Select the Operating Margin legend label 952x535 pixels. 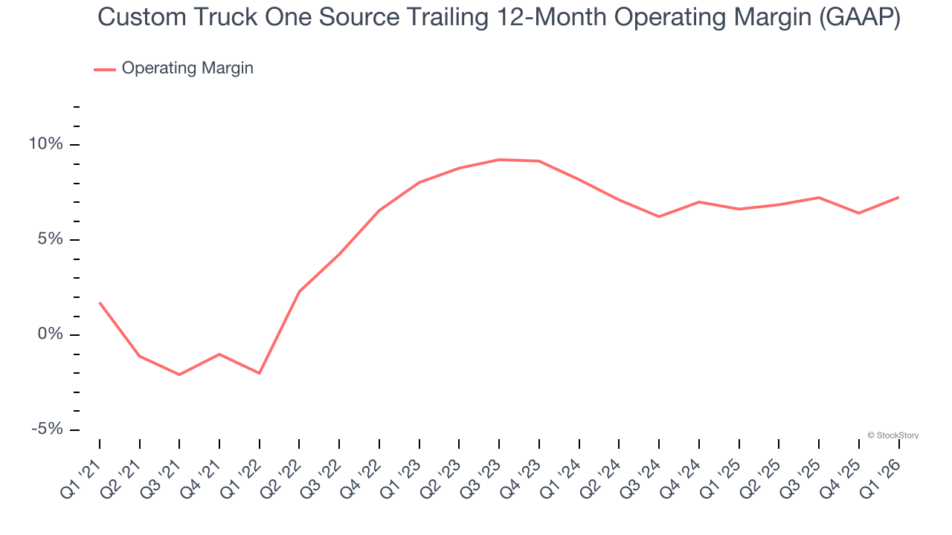point(187,68)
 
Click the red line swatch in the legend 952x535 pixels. point(104,69)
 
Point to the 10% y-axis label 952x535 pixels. point(46,144)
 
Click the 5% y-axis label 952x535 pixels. point(50,239)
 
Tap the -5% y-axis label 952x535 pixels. point(47,429)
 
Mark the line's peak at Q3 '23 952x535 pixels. point(499,159)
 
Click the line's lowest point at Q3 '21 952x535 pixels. point(179,374)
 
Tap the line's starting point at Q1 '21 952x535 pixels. point(100,302)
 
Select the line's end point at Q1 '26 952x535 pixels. point(898,197)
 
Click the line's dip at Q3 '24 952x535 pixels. point(659,216)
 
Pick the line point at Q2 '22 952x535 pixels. point(299,291)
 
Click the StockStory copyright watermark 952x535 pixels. point(892,435)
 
